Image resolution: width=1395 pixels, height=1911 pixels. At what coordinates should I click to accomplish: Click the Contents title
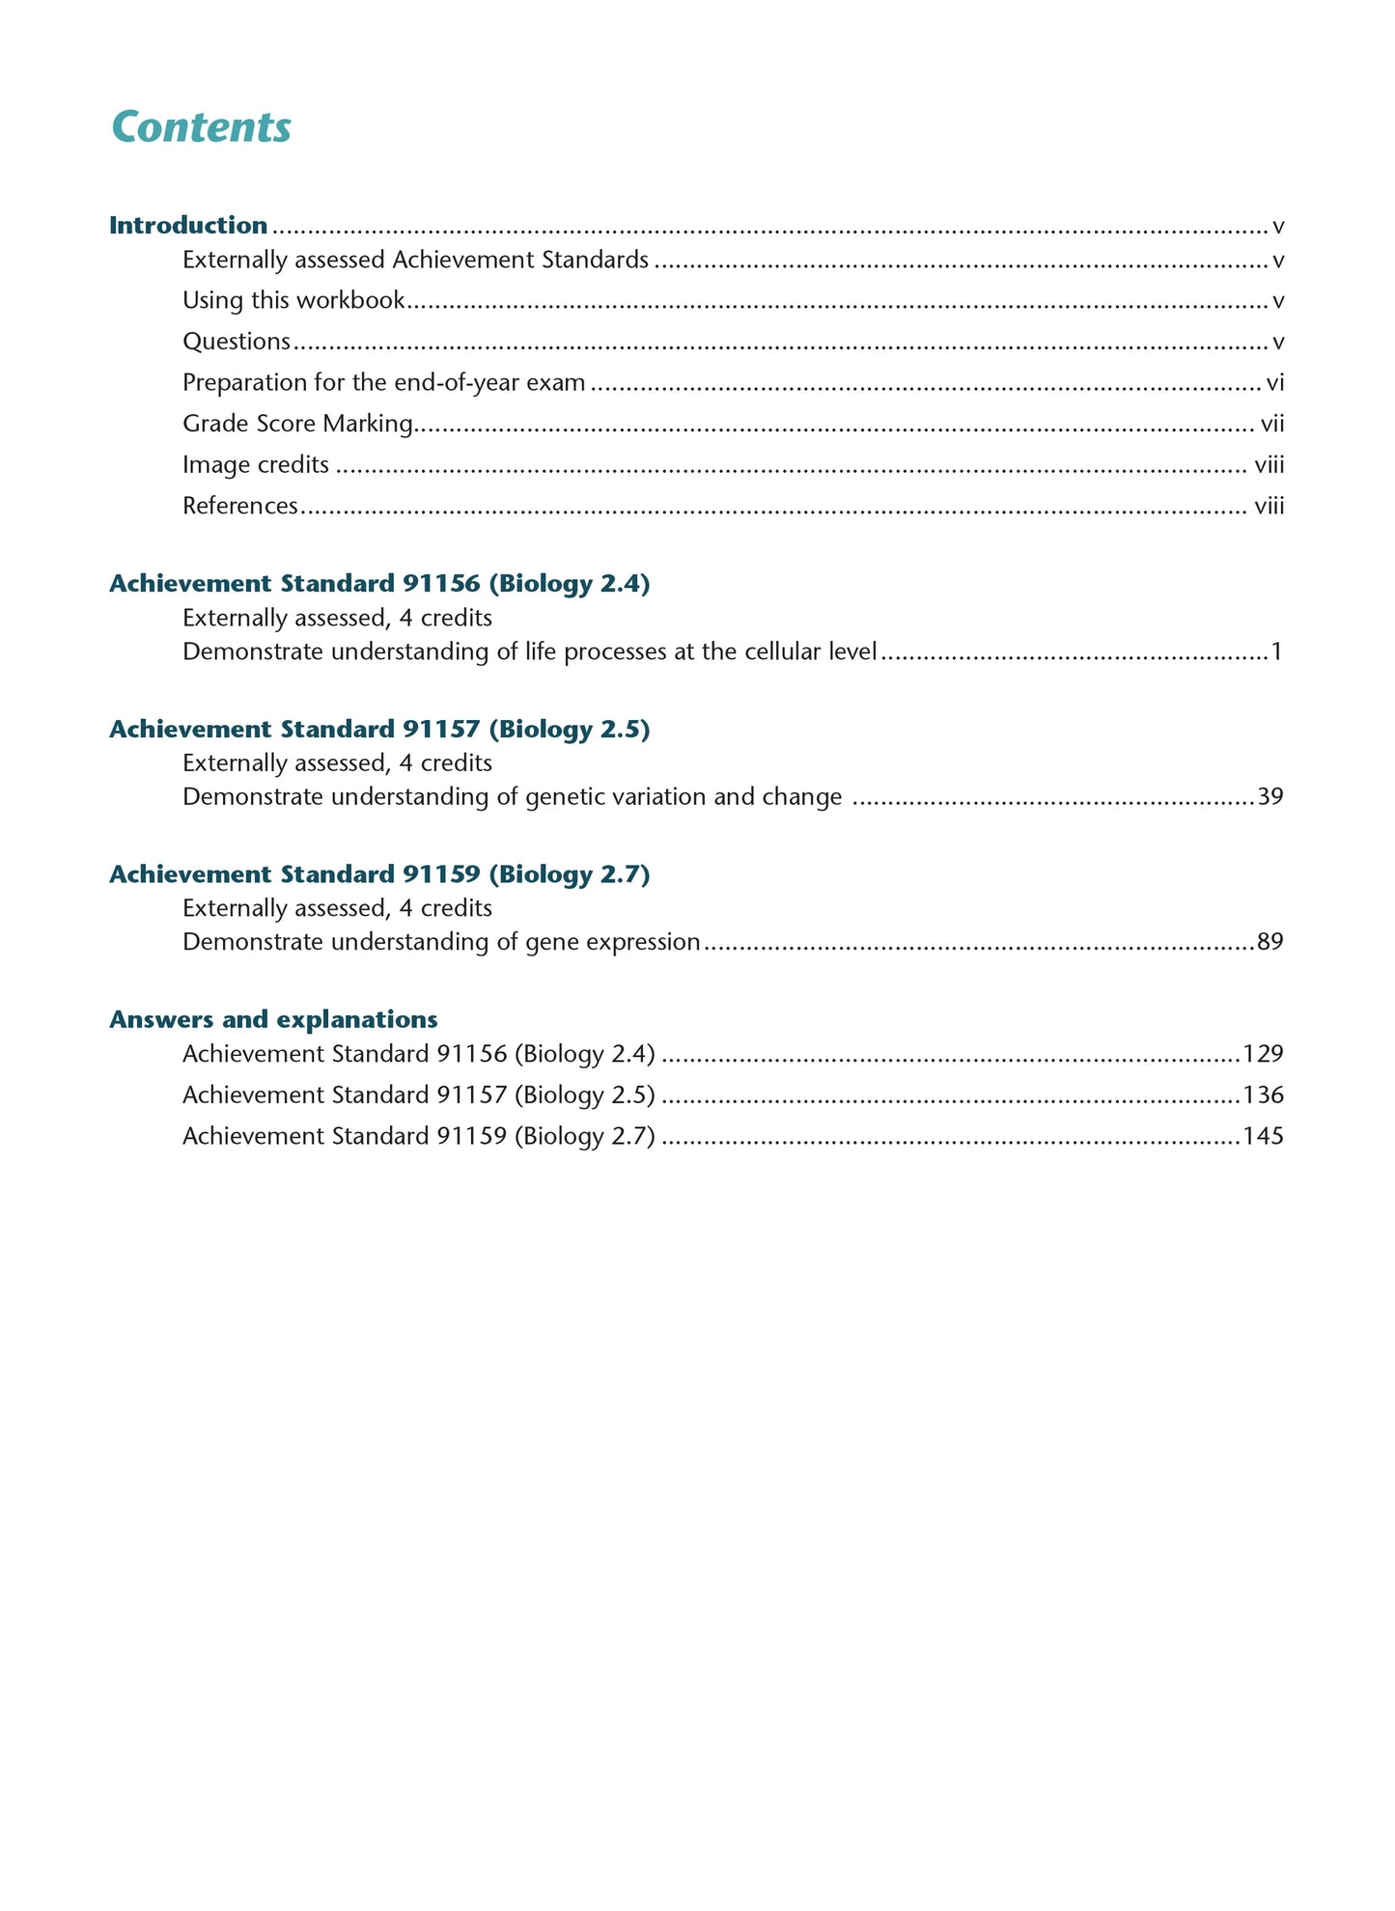click(201, 127)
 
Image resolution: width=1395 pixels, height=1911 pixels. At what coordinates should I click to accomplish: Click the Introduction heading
click(188, 225)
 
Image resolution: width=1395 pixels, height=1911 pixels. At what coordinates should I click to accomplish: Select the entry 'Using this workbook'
click(293, 300)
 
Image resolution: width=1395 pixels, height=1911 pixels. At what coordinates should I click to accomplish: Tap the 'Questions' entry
click(237, 342)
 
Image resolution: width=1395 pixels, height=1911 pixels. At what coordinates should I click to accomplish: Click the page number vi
click(1274, 383)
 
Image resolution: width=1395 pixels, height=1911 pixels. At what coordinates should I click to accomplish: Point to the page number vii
click(1272, 424)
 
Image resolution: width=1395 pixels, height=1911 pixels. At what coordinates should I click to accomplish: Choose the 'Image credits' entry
click(256, 465)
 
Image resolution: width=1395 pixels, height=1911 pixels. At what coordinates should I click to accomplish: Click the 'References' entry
click(240, 506)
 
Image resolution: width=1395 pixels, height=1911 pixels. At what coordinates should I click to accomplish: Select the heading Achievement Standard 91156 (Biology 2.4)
click(379, 583)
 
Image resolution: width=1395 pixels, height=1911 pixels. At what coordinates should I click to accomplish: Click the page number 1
click(1276, 651)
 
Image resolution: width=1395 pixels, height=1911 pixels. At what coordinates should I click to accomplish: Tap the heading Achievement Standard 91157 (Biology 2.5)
click(379, 729)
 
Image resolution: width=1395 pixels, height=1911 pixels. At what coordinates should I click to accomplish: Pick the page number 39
click(1269, 797)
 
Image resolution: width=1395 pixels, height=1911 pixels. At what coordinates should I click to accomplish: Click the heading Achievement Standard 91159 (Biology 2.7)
click(379, 873)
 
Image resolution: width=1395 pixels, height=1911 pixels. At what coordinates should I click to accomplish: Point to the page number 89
click(1269, 942)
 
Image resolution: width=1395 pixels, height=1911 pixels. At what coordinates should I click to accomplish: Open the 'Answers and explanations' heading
click(273, 1019)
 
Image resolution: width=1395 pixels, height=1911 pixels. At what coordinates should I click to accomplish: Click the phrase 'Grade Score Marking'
click(297, 424)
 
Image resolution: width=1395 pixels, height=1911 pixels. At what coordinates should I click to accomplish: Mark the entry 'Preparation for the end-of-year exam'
click(383, 383)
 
